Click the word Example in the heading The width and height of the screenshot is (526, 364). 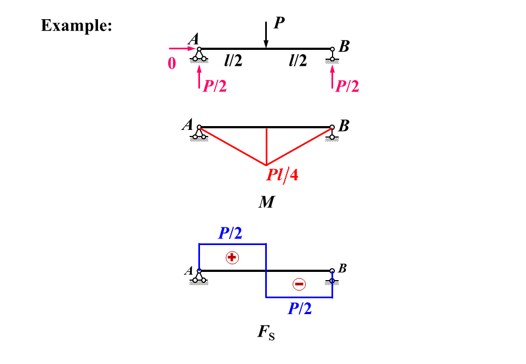pyautogui.click(x=76, y=26)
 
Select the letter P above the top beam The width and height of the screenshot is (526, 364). pyautogui.click(x=279, y=22)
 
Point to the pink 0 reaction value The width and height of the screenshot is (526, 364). pyautogui.click(x=172, y=64)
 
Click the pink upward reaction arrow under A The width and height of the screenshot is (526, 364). pyautogui.click(x=199, y=76)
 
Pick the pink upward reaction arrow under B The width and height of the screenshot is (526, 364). pyautogui.click(x=332, y=76)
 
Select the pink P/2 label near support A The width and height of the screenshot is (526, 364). pyautogui.click(x=215, y=86)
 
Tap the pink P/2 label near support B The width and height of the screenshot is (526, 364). pyautogui.click(x=347, y=86)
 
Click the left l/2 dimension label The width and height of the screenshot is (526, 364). pyautogui.click(x=232, y=60)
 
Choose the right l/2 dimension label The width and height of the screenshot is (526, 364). pyautogui.click(x=298, y=60)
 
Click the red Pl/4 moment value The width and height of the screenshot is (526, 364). pyautogui.click(x=283, y=176)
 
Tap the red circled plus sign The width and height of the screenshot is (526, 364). pyautogui.click(x=232, y=257)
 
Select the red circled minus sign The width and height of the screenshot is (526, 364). pyautogui.click(x=299, y=284)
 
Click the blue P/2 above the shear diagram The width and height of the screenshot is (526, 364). pyautogui.click(x=230, y=234)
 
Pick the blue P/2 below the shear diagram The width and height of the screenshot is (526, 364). pyautogui.click(x=300, y=309)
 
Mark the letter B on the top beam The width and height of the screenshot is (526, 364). pyautogui.click(x=344, y=47)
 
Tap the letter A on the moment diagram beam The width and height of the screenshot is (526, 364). pyautogui.click(x=187, y=125)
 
